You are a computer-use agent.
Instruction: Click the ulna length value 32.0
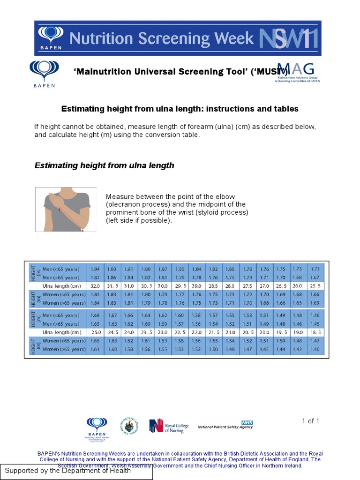pos(96,286)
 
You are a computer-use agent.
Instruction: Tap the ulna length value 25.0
pos(96,332)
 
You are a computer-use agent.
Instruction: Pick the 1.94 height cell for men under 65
pos(96,269)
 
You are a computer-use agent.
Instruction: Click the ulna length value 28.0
pos(230,286)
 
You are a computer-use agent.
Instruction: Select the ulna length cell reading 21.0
pos(230,332)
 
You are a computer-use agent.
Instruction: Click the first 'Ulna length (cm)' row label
pos(61,286)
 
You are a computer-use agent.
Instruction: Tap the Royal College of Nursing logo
pos(168,426)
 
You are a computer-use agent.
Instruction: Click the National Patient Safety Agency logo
pos(225,426)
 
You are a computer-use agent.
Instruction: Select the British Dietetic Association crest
pos(129,427)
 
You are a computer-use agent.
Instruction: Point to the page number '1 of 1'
pos(310,421)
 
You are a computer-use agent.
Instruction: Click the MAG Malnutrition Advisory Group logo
pos(297,73)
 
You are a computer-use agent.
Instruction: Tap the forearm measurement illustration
pos(66,209)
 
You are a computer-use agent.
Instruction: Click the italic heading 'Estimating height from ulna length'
pos(105,165)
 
